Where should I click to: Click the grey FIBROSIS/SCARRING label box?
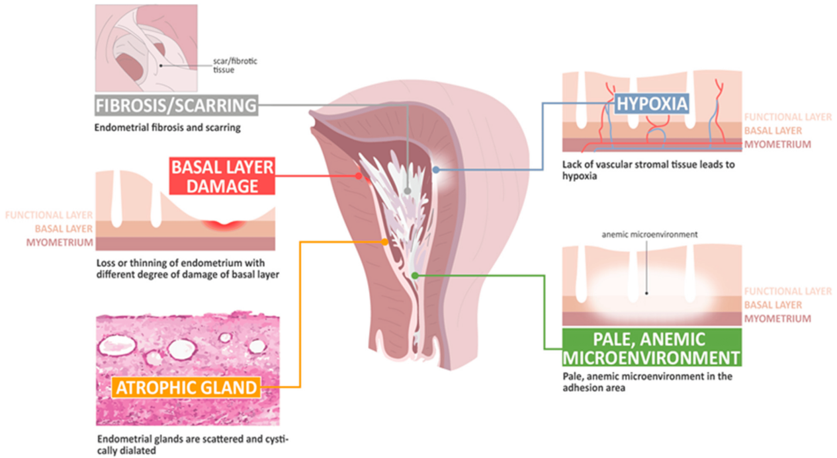point(176,105)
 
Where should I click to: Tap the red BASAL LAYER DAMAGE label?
point(222,176)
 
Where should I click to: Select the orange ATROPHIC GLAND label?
point(186,387)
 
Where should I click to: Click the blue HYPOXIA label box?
point(652,103)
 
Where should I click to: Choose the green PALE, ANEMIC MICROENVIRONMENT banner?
point(652,348)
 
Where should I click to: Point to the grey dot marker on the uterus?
point(408,191)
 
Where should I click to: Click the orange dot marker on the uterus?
point(385,242)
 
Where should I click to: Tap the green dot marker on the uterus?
point(415,276)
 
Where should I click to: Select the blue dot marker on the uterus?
point(436,170)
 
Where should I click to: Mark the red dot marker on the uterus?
point(359,175)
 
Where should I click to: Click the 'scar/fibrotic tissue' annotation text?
point(235,65)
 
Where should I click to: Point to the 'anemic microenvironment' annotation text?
point(650,235)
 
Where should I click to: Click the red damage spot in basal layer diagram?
point(224,224)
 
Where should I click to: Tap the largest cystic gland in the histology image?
point(117,345)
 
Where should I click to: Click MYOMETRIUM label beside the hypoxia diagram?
point(777,144)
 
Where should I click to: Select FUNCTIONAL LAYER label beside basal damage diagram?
point(49,215)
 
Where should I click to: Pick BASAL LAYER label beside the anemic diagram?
point(773,305)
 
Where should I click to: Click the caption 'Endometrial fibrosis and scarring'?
point(167,128)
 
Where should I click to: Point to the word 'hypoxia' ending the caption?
point(580,176)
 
